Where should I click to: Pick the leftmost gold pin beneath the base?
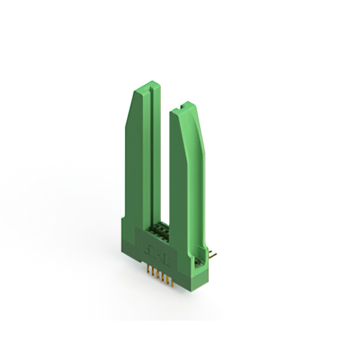(149, 272)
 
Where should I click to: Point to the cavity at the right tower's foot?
(197, 260)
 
